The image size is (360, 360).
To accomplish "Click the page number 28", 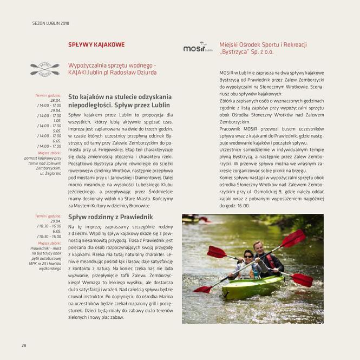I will coord(24,345).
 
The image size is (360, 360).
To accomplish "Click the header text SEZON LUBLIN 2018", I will coord(51,24).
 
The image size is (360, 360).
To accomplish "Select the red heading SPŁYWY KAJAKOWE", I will coord(96,45).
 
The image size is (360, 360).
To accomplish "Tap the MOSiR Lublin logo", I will coord(198,48).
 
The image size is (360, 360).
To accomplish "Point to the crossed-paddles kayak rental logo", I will coord(45,69).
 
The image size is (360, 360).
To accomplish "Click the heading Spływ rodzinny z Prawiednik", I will coord(110,217).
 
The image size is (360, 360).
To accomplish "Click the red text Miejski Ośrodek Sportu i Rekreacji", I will coord(263,44).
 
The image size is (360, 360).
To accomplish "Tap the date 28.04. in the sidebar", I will coord(55,100).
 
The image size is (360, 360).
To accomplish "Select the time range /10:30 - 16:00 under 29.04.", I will coord(49,226).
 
